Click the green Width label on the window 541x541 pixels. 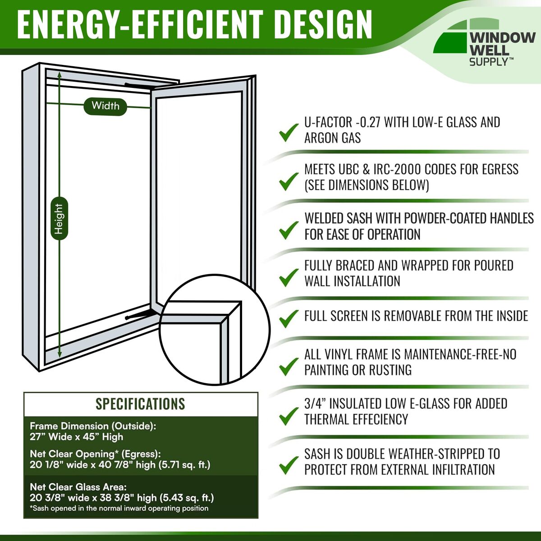[x=105, y=106]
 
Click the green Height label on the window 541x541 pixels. [x=59, y=219]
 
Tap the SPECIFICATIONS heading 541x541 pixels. [x=140, y=403]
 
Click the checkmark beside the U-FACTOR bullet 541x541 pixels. [x=289, y=133]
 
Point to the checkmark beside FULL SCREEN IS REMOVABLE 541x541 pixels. [x=289, y=319]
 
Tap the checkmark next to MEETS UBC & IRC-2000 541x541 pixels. [x=289, y=181]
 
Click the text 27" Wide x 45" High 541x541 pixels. [x=76, y=437]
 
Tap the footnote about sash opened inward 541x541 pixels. [x=119, y=509]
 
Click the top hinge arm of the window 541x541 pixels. [x=139, y=87]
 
